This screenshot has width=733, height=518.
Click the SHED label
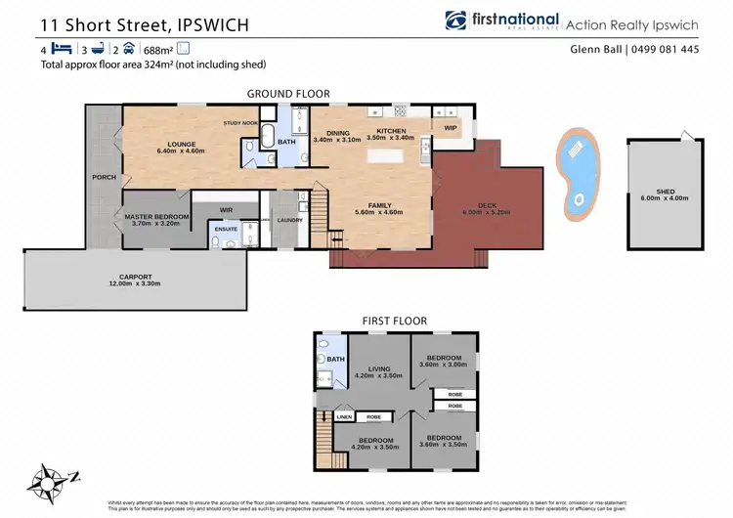tap(667, 192)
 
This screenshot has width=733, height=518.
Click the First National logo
tap(502, 21)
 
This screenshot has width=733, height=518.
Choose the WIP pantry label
tap(451, 127)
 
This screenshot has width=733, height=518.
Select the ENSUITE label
tap(226, 229)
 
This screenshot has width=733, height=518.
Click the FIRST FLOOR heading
tap(391, 320)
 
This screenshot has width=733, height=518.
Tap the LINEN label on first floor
tap(343, 417)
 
